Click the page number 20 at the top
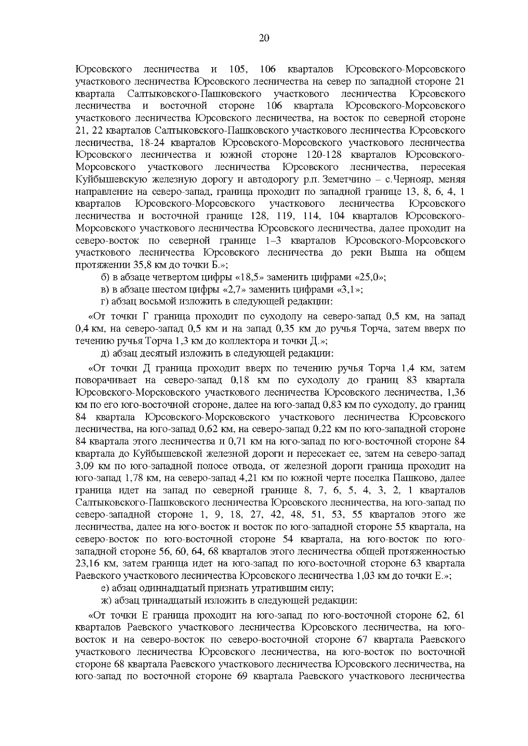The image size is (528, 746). point(264,38)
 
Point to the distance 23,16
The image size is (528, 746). point(87,564)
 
